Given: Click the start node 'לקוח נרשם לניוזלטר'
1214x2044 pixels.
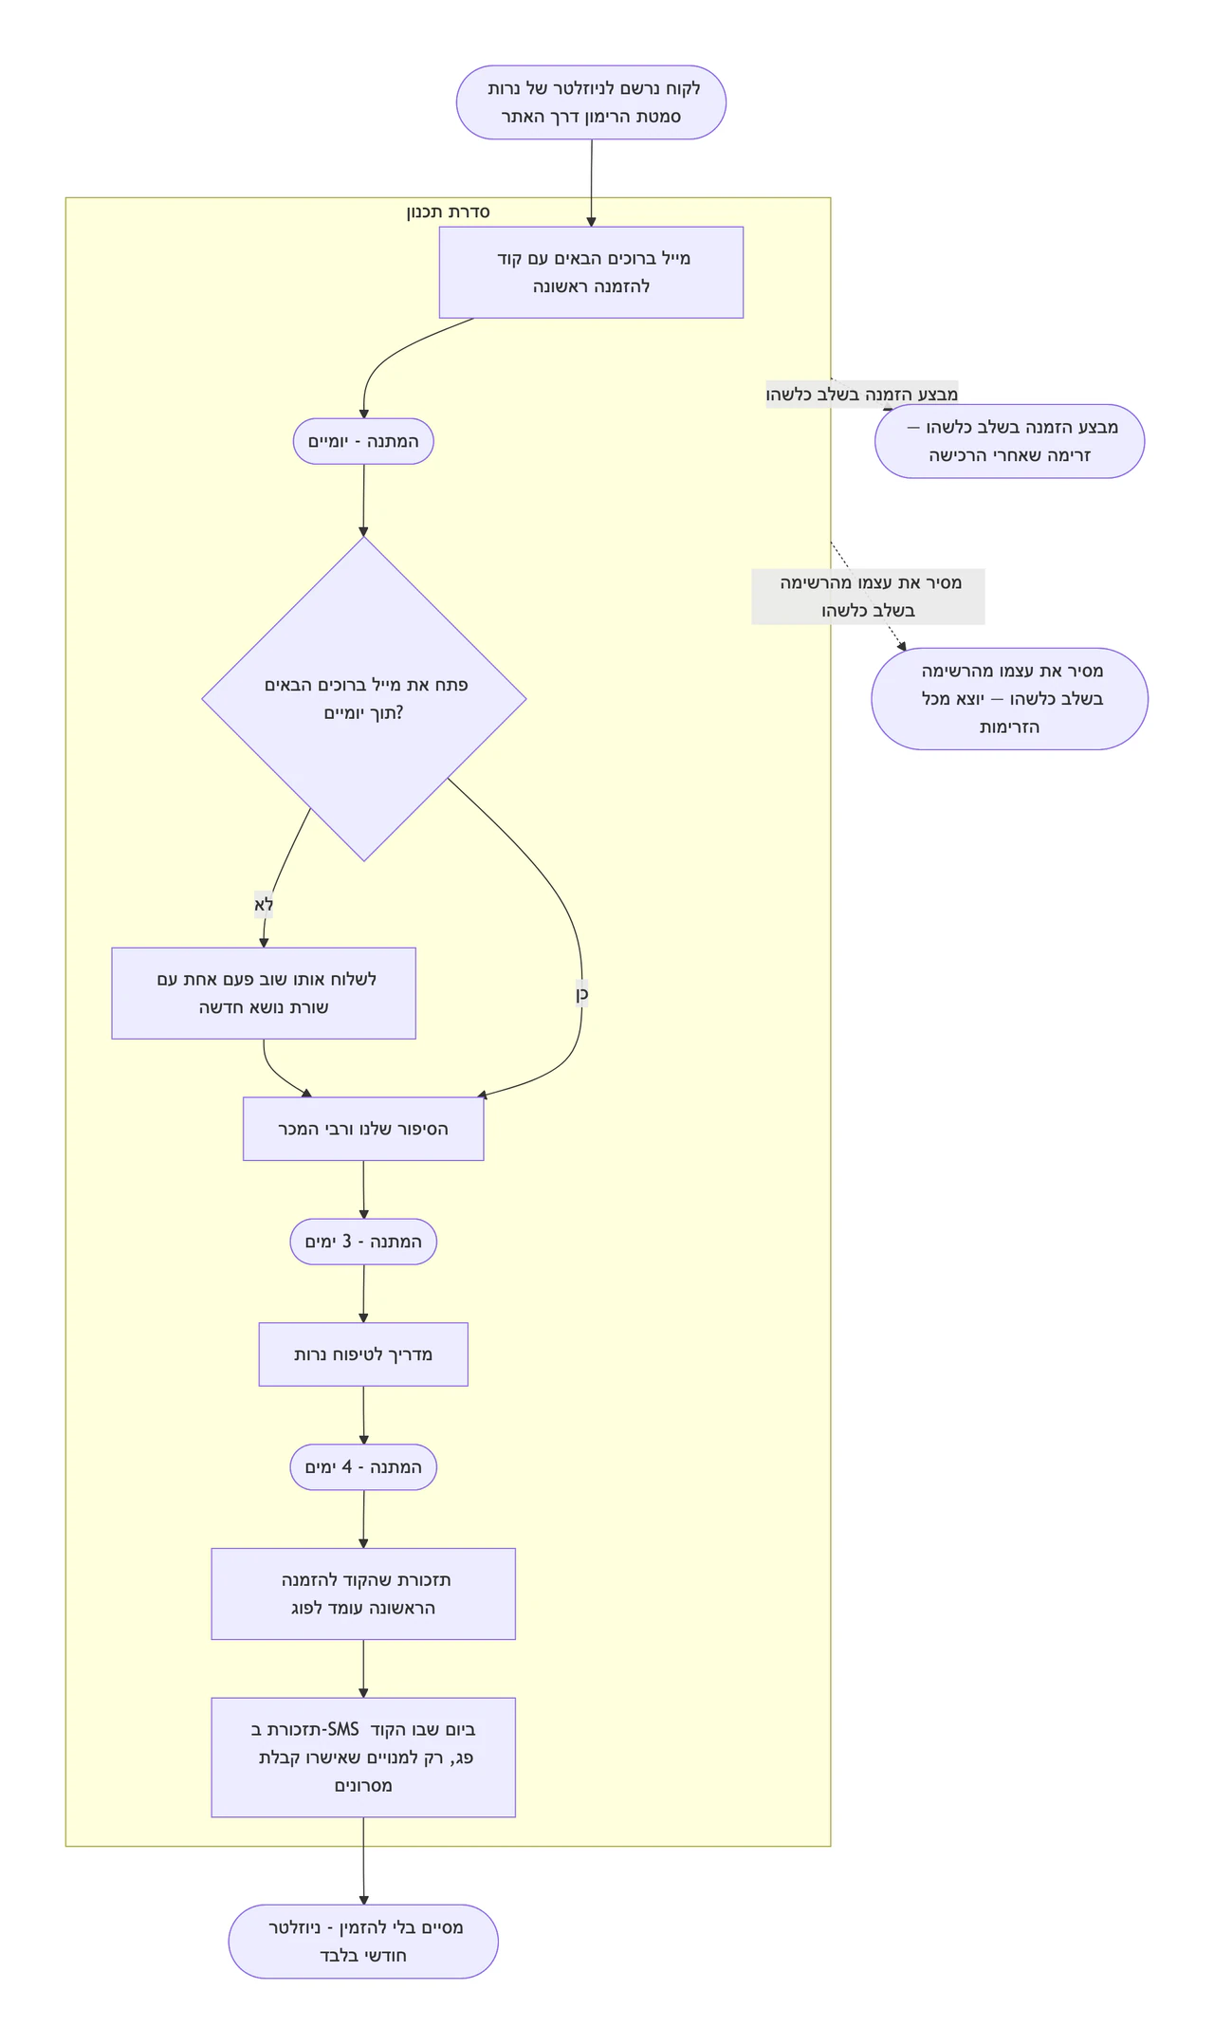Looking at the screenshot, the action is (x=591, y=102).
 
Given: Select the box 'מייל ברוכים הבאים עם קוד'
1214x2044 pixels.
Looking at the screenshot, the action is (x=591, y=272).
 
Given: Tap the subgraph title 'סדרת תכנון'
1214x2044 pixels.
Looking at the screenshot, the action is (x=448, y=212).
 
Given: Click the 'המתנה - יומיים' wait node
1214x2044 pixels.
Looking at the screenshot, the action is (x=363, y=441).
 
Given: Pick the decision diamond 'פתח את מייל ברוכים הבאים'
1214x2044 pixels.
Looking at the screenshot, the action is (x=364, y=699).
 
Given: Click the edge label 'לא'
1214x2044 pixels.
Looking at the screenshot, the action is (x=264, y=905).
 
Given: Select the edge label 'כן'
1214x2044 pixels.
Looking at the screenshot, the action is (x=581, y=994).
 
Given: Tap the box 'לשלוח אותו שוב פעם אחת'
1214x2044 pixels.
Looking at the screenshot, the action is (x=264, y=993).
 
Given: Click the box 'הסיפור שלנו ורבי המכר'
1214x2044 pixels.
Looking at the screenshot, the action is (x=363, y=1129).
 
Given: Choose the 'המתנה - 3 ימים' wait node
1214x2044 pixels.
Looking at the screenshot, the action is (x=363, y=1242).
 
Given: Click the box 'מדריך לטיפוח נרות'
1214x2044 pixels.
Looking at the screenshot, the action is (x=363, y=1354).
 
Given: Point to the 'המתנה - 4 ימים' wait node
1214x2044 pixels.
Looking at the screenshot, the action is (x=363, y=1467).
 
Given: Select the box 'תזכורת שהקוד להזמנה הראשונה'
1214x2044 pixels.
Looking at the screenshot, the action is (x=363, y=1593).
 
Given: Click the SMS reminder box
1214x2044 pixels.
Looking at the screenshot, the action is (x=363, y=1758).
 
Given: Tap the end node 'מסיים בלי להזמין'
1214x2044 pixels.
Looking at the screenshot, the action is (x=363, y=1942).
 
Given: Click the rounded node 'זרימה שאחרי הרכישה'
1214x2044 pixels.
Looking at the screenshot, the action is (x=1010, y=441).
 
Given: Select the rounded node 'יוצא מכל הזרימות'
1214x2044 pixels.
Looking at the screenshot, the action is (x=1010, y=699).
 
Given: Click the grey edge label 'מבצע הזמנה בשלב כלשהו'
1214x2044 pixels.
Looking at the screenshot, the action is (x=862, y=394).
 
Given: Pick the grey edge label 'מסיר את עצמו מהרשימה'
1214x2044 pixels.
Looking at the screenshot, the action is (x=869, y=597).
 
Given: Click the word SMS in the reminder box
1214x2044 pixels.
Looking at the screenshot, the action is (x=342, y=1729).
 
